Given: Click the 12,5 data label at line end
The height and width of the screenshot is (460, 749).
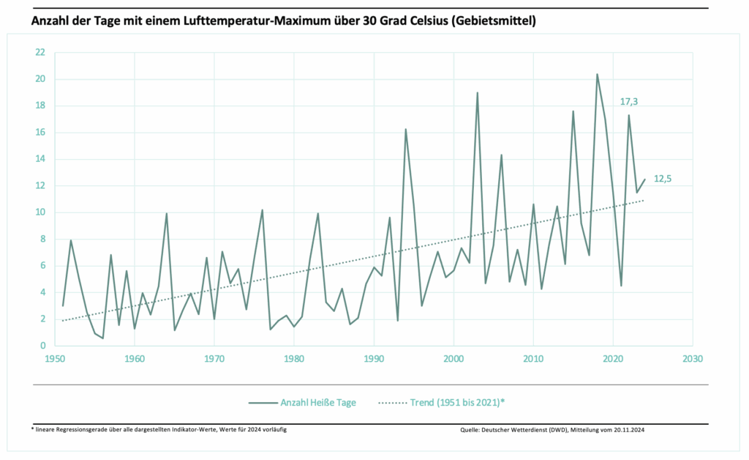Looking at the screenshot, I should pos(663,178).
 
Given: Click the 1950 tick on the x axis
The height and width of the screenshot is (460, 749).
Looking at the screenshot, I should pos(55,360).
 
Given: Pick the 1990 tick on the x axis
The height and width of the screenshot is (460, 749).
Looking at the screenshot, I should pos(374,360).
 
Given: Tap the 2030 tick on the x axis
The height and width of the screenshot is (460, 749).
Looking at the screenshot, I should pos(693,360).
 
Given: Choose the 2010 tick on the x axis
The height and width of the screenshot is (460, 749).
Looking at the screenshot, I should pos(533,360).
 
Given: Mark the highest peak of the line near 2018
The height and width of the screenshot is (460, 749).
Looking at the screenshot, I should pos(597,74).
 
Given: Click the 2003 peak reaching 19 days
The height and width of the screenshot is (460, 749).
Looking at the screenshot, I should pos(478,93).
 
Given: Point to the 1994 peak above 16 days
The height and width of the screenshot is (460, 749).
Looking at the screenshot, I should pos(406,130).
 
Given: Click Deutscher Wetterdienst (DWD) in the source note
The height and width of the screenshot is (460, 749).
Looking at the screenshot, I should pos(531,430).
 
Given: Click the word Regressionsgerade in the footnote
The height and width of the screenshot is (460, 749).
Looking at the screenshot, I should pos(88,429).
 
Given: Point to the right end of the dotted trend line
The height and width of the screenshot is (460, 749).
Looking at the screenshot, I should pos(644,200).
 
